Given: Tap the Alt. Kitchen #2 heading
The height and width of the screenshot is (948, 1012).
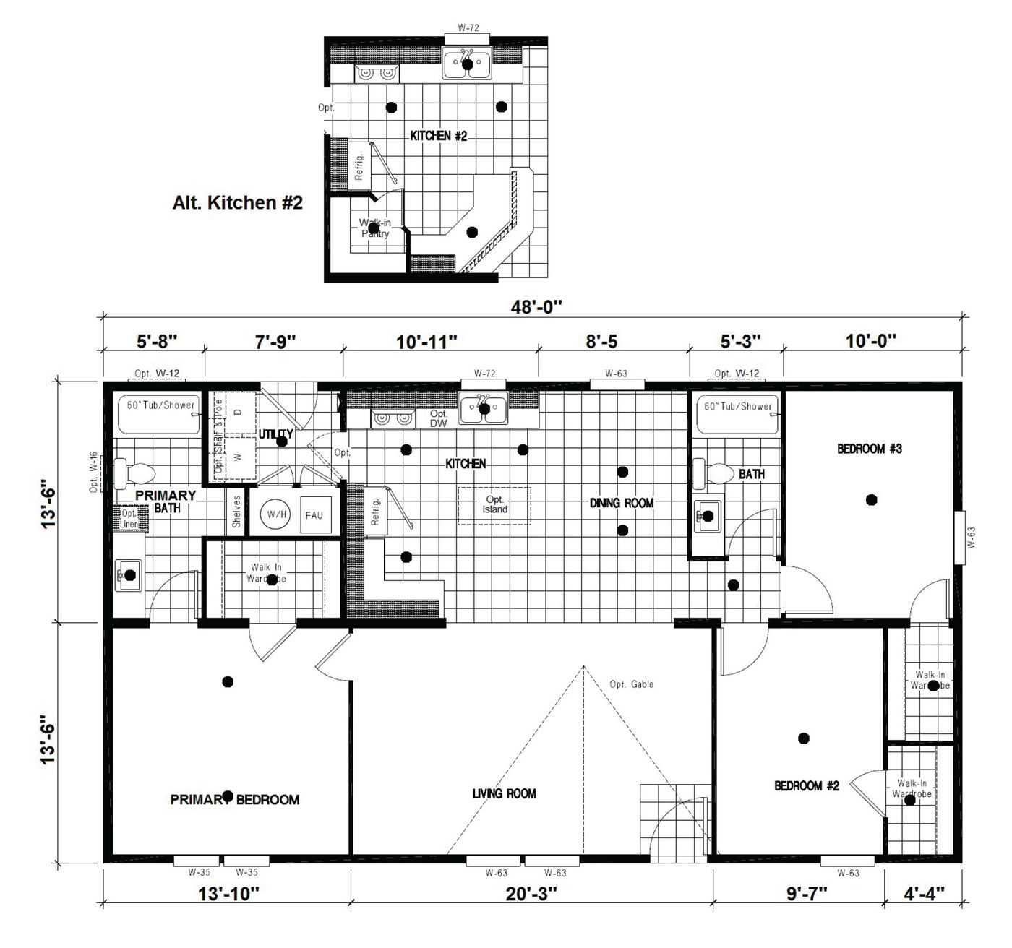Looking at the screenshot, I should click(x=237, y=203).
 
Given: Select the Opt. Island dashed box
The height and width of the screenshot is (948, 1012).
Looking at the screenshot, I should click(x=494, y=504).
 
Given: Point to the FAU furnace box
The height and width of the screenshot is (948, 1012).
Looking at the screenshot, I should click(x=314, y=515).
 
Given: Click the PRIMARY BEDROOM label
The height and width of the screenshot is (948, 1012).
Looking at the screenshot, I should click(x=235, y=799).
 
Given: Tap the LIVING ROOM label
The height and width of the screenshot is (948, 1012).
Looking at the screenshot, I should click(x=504, y=793).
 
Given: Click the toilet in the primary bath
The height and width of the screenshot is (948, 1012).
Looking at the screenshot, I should click(x=134, y=473).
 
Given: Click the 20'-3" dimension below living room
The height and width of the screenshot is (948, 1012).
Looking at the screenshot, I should click(x=531, y=894).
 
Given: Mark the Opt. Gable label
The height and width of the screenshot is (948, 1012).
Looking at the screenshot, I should click(x=631, y=684).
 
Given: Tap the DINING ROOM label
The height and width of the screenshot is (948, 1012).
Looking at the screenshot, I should click(x=621, y=503).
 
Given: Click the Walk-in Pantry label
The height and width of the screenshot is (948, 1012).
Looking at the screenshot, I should click(x=374, y=228).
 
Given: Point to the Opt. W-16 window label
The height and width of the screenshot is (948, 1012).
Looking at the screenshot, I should click(x=94, y=473).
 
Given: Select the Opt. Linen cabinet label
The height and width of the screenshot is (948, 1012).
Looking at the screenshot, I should click(x=130, y=518).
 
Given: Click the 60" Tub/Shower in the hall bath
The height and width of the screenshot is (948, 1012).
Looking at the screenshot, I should click(x=737, y=414).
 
